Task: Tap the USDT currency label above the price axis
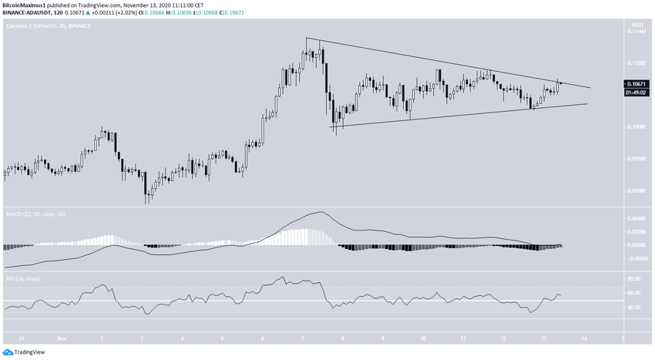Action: pyautogui.click(x=637, y=25)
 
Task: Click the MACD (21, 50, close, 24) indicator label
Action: pyautogui.click(x=35, y=213)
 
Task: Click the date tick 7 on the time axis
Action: pyautogui.click(x=303, y=338)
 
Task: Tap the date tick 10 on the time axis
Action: pyautogui.click(x=423, y=338)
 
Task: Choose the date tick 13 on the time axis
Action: pyautogui.click(x=543, y=338)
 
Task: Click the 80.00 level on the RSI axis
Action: pyautogui.click(x=634, y=278)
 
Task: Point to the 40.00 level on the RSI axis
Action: pyautogui.click(x=634, y=308)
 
